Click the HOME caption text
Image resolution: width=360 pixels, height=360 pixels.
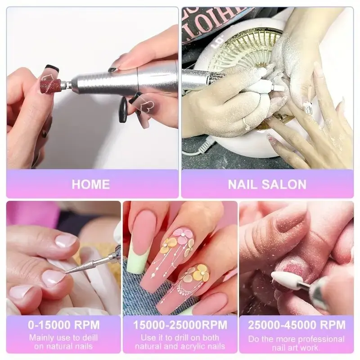point(90,184)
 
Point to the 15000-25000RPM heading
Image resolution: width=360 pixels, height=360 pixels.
point(180,325)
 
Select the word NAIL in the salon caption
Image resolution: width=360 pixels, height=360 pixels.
point(243,184)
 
